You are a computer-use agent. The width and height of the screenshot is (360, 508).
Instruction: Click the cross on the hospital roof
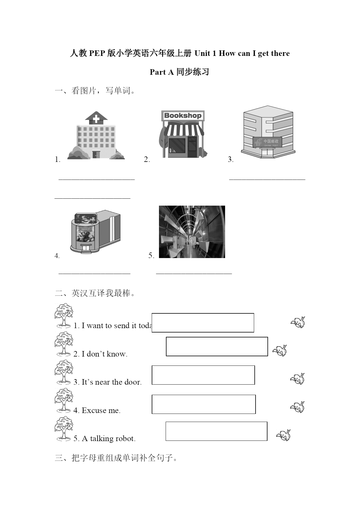coord(96,119)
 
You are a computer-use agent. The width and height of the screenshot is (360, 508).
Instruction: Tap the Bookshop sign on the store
coord(183,116)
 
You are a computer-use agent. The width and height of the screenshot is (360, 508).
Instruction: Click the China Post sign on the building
coord(267,142)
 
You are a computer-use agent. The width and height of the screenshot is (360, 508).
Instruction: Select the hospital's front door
coord(96,155)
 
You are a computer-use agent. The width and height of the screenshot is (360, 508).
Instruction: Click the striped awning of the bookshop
coord(184,129)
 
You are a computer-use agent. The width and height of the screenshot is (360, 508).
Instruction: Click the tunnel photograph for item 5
coord(192,232)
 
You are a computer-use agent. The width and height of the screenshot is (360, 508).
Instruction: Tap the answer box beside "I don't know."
coord(217,346)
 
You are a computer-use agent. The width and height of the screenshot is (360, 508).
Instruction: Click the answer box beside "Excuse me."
coord(204,404)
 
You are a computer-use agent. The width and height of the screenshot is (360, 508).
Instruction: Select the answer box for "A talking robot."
coord(216,431)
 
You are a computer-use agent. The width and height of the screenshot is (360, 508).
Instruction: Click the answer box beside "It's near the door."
coord(203,375)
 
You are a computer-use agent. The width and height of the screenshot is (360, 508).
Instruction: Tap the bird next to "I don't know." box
coord(280,350)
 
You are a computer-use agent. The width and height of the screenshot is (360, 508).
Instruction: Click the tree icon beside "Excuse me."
coord(64,400)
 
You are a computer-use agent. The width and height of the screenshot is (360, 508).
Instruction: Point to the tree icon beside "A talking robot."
coord(64,429)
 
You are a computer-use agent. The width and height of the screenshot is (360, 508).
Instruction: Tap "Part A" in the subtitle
coord(162,72)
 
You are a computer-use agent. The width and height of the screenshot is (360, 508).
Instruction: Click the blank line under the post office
coord(267,180)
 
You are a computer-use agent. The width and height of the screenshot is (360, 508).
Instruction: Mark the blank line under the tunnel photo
coord(194,273)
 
